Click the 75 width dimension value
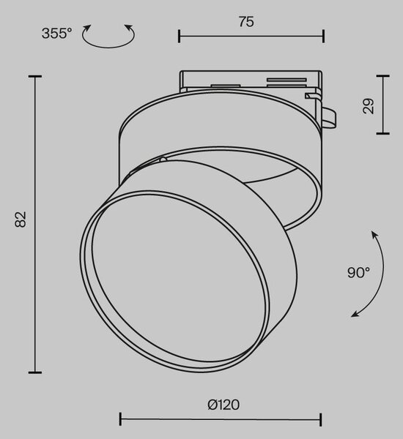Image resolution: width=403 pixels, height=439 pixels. coord(246,21)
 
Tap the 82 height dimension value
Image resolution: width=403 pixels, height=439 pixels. coord(21,219)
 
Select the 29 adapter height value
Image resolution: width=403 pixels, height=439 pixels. coord(369,106)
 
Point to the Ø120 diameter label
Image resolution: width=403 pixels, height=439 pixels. coord(223,405)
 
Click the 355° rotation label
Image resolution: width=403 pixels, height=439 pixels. coord(56,34)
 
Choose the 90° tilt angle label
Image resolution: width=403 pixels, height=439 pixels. coord(358,272)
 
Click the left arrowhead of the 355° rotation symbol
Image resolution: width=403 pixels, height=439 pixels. coord(87,28)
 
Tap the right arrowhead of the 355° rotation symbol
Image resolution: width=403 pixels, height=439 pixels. coord(129,28)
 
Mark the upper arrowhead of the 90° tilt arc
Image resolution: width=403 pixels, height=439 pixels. coord(374,234)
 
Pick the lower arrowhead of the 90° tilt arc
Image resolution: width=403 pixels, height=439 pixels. coord(355,314)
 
